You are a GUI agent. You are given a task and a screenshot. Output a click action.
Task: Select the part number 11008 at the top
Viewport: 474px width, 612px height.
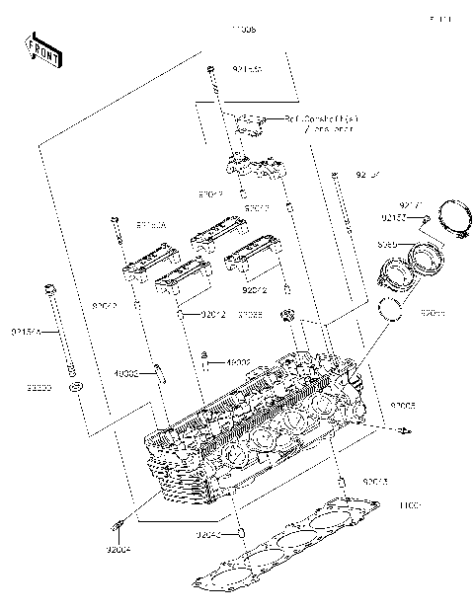point(243,31)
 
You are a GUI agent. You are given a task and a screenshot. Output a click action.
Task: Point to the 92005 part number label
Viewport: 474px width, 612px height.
point(403,406)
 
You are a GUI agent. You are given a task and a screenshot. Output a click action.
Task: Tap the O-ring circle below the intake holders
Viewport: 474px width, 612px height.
point(393,310)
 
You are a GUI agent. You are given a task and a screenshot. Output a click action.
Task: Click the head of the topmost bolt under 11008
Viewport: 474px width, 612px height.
point(210,69)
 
